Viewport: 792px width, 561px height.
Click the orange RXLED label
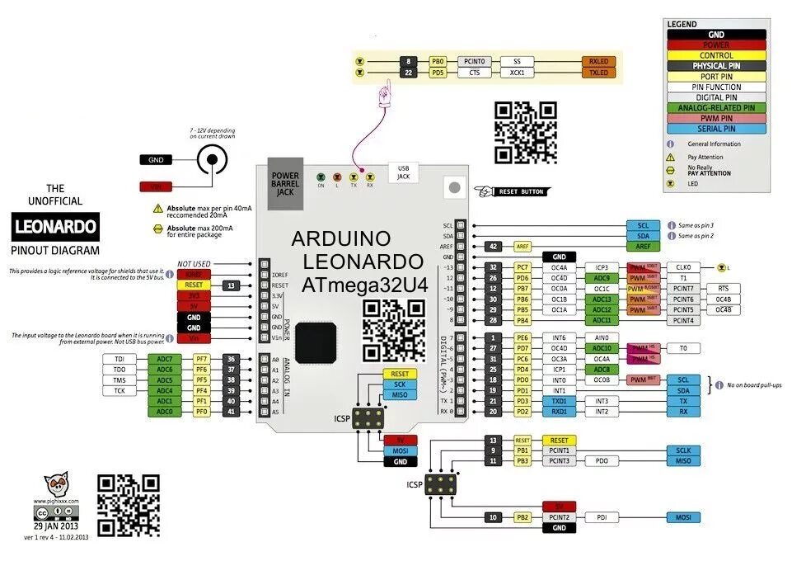point(598,61)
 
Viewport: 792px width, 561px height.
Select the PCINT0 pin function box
point(475,61)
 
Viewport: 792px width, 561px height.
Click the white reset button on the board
point(452,187)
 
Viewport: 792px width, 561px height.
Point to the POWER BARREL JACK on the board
point(286,181)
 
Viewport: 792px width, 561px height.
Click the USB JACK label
point(403,171)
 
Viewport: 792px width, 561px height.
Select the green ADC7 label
point(164,359)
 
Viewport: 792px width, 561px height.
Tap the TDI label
point(120,359)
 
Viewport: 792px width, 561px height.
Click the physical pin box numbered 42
point(493,246)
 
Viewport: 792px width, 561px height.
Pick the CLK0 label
point(682,267)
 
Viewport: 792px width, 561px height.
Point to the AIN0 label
point(602,337)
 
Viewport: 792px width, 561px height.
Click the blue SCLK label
point(683,450)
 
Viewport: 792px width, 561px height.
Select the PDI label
point(602,517)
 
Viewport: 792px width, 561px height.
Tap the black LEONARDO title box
point(56,225)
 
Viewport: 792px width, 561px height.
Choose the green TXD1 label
point(560,400)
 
